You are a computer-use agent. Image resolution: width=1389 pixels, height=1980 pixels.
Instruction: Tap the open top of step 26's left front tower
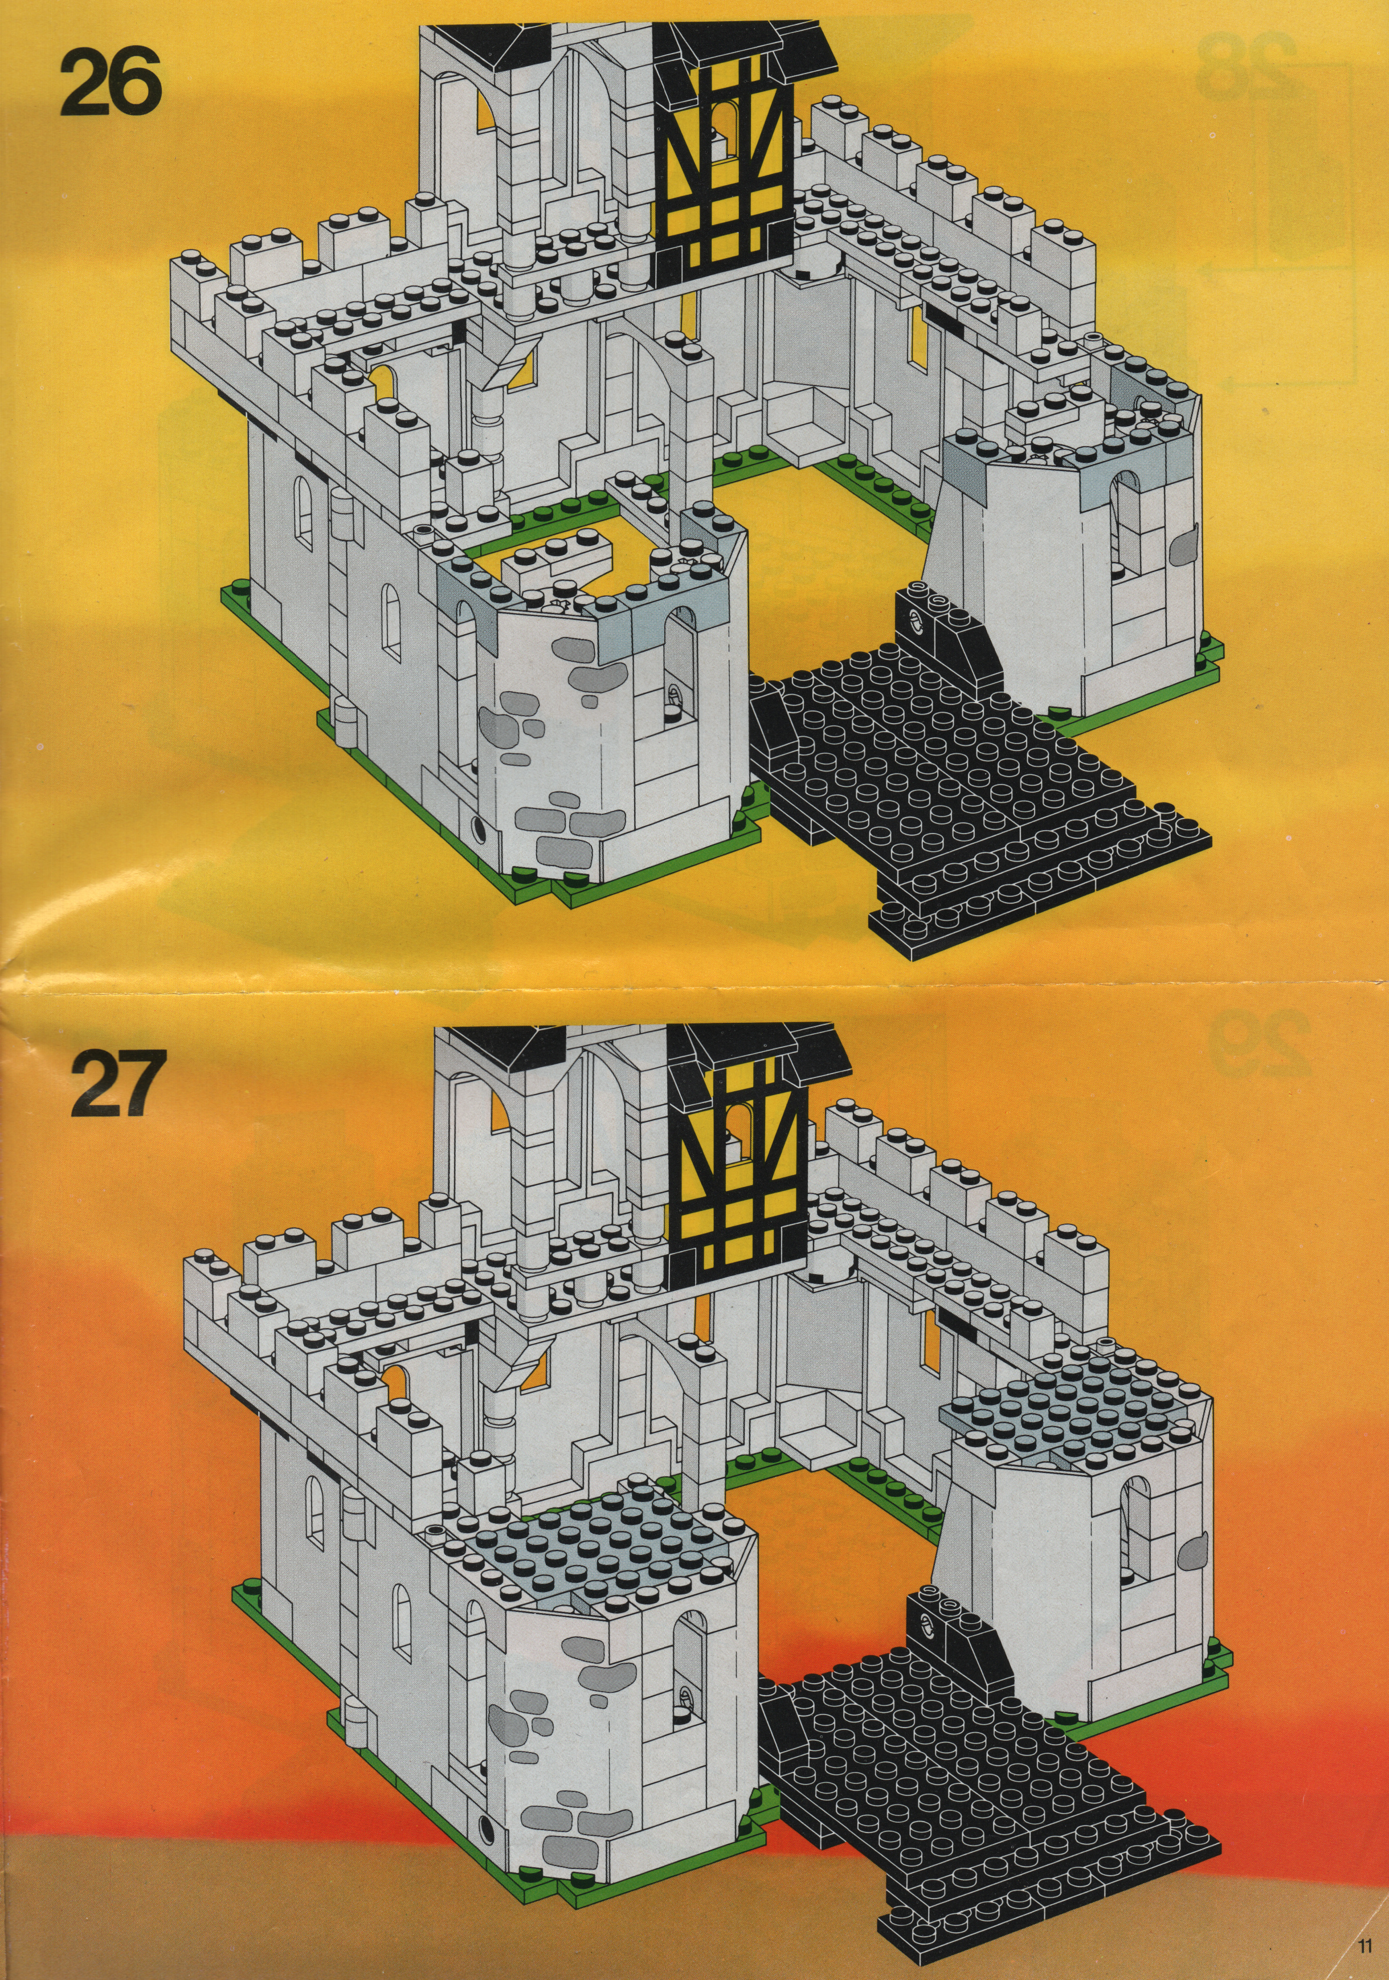pos(565,565)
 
